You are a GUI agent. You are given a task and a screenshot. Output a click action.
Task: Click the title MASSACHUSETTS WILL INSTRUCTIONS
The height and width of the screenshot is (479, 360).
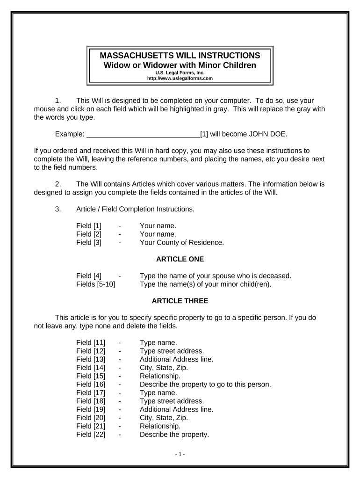[x=180, y=55]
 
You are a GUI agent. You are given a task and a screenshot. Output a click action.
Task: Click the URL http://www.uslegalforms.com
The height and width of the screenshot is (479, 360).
[x=180, y=79]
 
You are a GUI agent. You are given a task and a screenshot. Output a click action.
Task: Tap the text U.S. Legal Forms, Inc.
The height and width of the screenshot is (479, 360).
[x=180, y=73]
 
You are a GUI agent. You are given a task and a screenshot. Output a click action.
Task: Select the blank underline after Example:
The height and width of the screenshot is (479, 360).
[x=143, y=135]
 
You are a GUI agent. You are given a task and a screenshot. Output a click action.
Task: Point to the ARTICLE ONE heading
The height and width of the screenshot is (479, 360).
[x=180, y=259]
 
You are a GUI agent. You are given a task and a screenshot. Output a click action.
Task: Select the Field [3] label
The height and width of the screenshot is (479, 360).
[x=89, y=242]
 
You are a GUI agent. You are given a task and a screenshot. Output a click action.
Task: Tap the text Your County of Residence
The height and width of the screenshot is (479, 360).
[x=182, y=242]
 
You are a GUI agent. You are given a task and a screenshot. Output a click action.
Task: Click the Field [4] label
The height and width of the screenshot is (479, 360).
[x=89, y=276]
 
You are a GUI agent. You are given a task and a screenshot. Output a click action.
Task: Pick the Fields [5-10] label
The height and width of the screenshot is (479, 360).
[x=96, y=283]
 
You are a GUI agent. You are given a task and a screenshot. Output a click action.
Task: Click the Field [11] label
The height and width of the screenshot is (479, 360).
[x=91, y=342]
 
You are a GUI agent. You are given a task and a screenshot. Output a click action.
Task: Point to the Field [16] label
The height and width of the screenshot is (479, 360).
[x=91, y=385]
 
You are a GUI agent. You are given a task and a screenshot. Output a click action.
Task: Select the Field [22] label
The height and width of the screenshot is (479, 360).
[x=91, y=435]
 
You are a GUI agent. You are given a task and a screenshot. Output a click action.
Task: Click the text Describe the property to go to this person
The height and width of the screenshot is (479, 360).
[x=205, y=385]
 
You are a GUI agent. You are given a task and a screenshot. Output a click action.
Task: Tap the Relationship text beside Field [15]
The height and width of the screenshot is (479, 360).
[x=160, y=376]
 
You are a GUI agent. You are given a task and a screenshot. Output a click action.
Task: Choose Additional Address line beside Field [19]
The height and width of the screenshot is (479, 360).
[x=176, y=409]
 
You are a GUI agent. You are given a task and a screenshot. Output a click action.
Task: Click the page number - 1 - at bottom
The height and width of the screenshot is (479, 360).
[x=180, y=454]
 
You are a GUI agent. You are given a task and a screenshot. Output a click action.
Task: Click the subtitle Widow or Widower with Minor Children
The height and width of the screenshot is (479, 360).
[x=180, y=65]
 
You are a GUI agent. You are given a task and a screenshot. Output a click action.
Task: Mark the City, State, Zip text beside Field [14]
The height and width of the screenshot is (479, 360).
[x=164, y=368]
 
